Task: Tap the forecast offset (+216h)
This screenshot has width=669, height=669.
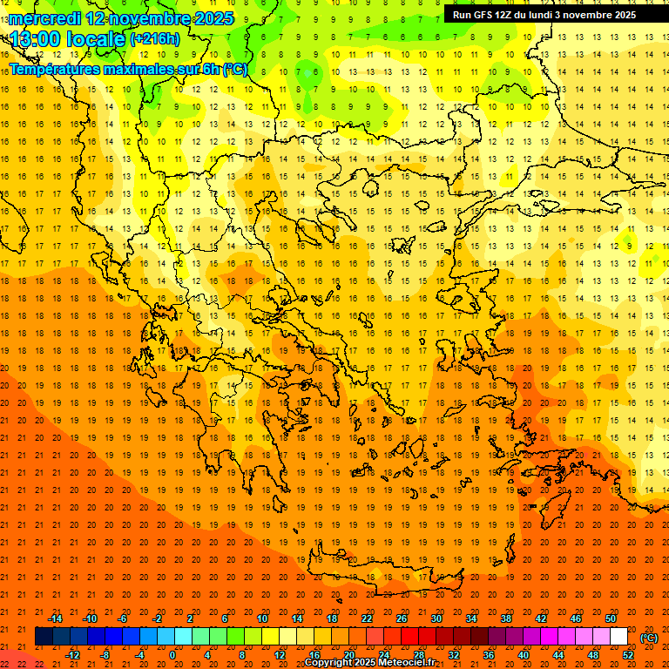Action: [x=154, y=39]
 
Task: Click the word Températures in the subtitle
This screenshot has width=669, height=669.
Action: [x=54, y=69]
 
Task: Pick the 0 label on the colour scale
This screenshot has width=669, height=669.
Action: [x=172, y=655]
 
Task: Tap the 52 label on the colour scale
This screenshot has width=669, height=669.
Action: [x=628, y=655]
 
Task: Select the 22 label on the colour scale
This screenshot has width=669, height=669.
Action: [x=367, y=618]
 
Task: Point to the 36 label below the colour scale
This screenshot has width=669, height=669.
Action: [x=489, y=655]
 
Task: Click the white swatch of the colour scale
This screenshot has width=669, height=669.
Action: [x=618, y=637]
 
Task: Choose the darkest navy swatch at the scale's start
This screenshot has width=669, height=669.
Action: [x=44, y=637]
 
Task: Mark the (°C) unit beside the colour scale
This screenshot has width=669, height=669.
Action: [x=649, y=638]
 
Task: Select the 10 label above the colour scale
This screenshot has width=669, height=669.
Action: [x=262, y=618]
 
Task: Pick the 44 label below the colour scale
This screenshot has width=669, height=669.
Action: [x=558, y=655]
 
